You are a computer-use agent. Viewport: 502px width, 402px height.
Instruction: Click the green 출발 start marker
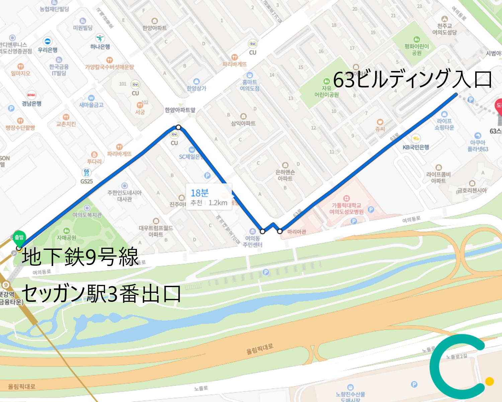tap(19, 237)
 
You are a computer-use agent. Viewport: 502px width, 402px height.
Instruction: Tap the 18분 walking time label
tap(199, 193)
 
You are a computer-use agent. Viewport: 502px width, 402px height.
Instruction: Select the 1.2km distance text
tap(218, 203)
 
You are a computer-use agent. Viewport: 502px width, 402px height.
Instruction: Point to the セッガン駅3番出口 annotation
tap(101, 293)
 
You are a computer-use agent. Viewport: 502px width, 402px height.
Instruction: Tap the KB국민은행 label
tap(416, 147)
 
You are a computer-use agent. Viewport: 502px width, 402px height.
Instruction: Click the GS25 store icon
tap(87, 173)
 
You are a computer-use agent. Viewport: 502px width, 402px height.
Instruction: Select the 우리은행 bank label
tap(48, 50)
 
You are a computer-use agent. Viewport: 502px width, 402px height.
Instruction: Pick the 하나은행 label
tap(100, 47)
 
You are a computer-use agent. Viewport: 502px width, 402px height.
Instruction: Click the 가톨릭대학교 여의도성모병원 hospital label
tap(346, 208)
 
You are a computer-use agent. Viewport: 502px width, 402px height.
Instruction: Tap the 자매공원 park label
tap(66, 238)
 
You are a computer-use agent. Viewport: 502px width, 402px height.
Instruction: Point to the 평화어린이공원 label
tap(416, 50)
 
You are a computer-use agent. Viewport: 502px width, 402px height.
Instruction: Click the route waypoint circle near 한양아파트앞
tap(178, 127)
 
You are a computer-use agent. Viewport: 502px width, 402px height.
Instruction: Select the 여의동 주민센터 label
tap(252, 241)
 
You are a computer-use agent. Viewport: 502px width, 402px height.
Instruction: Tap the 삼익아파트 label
tap(243, 123)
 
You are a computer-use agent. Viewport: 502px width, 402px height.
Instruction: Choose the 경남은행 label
tap(31, 104)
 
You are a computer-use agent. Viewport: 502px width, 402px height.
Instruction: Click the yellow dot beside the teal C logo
tap(489, 381)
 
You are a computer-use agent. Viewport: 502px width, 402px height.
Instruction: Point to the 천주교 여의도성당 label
tap(444, 29)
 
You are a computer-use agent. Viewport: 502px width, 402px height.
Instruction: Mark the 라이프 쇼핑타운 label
tap(444, 124)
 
